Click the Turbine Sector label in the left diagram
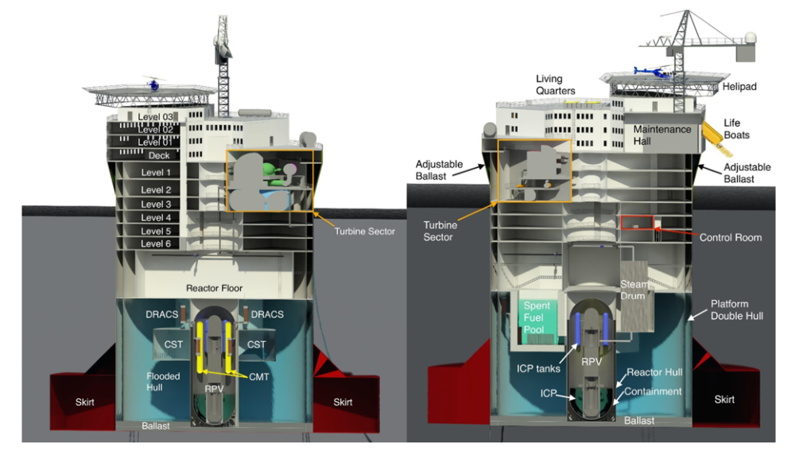click(364, 232)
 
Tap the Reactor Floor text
click(214, 288)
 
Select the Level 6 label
click(156, 244)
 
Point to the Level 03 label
click(155, 117)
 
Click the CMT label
click(259, 376)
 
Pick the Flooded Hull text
click(163, 382)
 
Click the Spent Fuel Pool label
click(537, 318)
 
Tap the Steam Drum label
click(634, 290)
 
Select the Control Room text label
click(731, 238)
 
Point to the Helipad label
click(739, 87)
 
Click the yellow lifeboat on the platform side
click(717, 138)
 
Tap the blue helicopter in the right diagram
click(653, 72)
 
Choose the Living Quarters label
click(555, 84)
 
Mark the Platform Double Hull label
click(736, 310)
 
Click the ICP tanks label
click(538, 368)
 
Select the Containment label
click(653, 392)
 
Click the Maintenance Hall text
click(662, 135)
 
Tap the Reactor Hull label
click(654, 372)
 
